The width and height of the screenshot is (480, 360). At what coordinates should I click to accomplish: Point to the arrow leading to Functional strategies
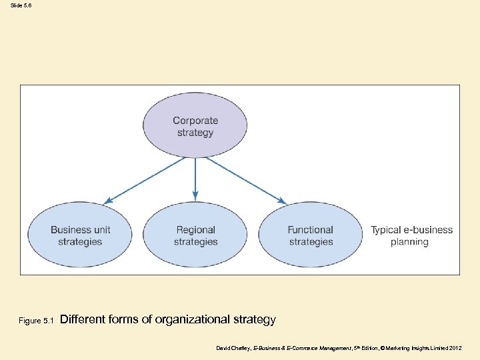[x=243, y=180]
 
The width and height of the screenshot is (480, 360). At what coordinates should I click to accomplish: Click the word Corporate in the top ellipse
[x=195, y=121]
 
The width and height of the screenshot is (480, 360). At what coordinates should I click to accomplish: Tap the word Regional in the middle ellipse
[x=195, y=230]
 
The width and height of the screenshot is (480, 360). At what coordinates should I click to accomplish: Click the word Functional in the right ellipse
[x=311, y=230]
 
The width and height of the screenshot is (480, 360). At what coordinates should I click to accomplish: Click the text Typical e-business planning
[x=411, y=236]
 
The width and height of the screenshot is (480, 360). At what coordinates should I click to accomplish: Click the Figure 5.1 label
[x=36, y=321]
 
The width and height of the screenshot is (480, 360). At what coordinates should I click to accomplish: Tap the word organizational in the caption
[x=193, y=319]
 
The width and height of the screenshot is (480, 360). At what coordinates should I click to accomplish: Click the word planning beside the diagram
[x=409, y=242]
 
